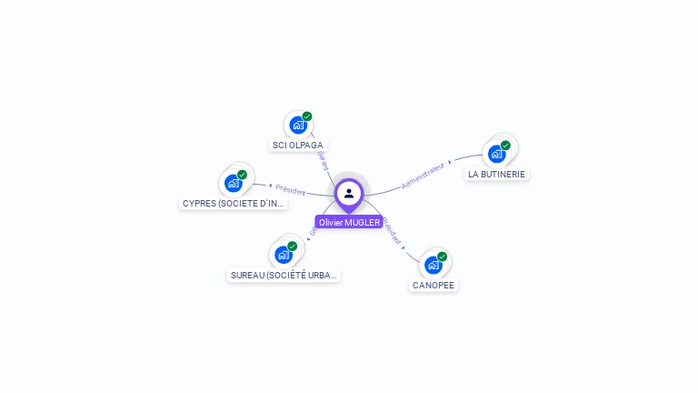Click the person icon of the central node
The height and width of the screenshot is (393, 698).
(349, 193)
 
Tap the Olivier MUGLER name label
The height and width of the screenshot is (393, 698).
(349, 222)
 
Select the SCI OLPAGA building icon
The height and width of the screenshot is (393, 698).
(297, 126)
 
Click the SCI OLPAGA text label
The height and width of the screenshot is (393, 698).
(297, 146)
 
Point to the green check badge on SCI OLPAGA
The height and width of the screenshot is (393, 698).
(307, 116)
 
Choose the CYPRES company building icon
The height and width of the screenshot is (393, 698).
(233, 184)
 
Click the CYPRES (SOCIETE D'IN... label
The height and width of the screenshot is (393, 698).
(234, 204)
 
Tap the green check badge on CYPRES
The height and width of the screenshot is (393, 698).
(243, 175)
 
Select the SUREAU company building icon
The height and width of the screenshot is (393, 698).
(284, 255)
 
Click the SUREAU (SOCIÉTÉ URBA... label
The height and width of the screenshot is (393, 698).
(284, 275)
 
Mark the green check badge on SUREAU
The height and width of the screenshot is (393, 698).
(293, 246)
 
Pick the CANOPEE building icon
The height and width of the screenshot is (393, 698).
(433, 266)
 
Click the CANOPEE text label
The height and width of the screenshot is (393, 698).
(434, 286)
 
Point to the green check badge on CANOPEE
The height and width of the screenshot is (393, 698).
(443, 257)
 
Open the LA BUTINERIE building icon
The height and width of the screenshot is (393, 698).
(496, 154)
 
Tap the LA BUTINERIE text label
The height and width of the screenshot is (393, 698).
(496, 174)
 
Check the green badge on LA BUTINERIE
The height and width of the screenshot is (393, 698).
(506, 146)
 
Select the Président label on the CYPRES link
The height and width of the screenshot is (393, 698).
(291, 190)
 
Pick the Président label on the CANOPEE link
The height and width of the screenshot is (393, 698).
(392, 232)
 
